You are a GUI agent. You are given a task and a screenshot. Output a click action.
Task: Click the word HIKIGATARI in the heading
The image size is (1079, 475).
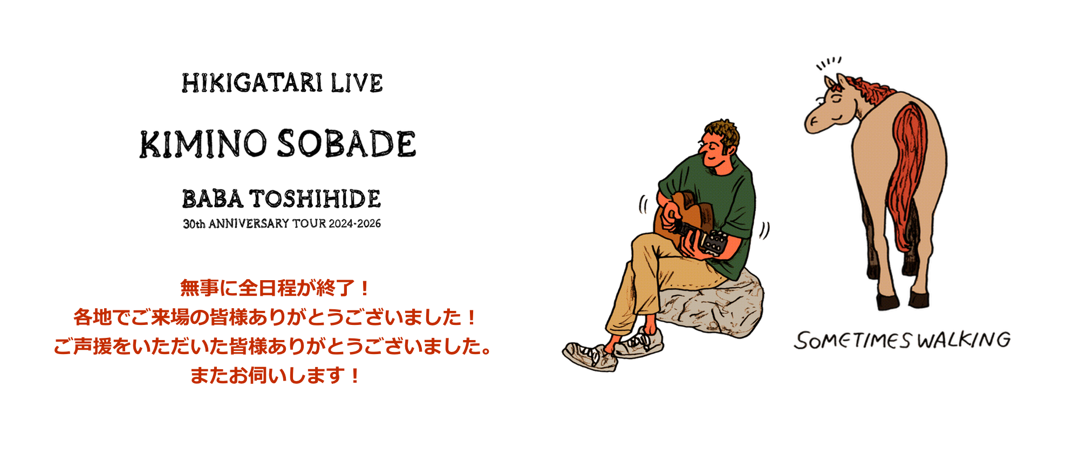click(x=252, y=83)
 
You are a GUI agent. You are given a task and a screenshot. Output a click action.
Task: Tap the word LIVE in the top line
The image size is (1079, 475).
click(x=357, y=83)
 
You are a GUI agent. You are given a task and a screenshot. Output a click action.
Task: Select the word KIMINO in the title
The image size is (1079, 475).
click(x=203, y=144)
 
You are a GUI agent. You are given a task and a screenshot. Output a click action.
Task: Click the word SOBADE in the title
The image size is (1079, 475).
click(x=346, y=144)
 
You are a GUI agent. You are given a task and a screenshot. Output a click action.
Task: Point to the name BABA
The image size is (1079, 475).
click(x=213, y=199)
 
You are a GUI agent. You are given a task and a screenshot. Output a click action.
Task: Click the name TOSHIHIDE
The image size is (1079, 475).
click(x=315, y=199)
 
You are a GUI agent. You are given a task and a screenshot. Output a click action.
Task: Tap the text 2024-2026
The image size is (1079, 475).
click(x=354, y=223)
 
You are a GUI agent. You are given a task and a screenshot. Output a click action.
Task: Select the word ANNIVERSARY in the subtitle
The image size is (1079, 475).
click(x=249, y=223)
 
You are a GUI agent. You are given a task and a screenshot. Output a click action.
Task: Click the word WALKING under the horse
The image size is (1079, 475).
click(x=964, y=340)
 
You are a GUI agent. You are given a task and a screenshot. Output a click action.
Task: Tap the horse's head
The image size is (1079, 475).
click(x=831, y=105)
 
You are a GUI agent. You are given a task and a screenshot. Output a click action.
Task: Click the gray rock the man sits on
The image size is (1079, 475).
click(x=712, y=305)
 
